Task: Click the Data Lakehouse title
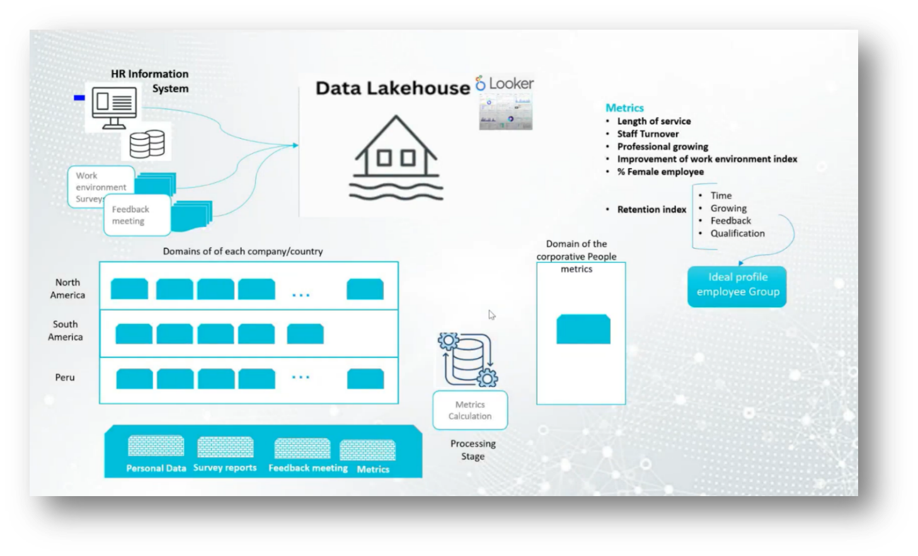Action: [x=393, y=88]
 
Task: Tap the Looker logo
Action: [x=504, y=83]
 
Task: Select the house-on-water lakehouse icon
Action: [x=396, y=157]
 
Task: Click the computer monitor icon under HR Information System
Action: [x=114, y=108]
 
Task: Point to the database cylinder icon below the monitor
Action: [x=147, y=143]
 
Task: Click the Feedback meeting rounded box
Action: [x=136, y=215]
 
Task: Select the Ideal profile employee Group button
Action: [x=737, y=286]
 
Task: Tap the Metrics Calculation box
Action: [x=470, y=410]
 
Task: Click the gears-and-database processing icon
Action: [x=468, y=359]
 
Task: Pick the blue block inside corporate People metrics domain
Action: [x=583, y=329]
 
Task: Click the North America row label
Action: [x=67, y=289]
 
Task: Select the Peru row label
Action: [x=65, y=378]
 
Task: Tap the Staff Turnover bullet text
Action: [x=648, y=134]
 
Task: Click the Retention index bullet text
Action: [x=651, y=209]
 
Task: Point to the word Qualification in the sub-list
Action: [x=737, y=233]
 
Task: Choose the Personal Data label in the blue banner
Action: [x=156, y=468]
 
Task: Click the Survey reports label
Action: [x=225, y=468]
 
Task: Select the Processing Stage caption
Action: [x=473, y=450]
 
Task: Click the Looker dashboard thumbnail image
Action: [x=505, y=112]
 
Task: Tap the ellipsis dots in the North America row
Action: [x=301, y=295]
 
